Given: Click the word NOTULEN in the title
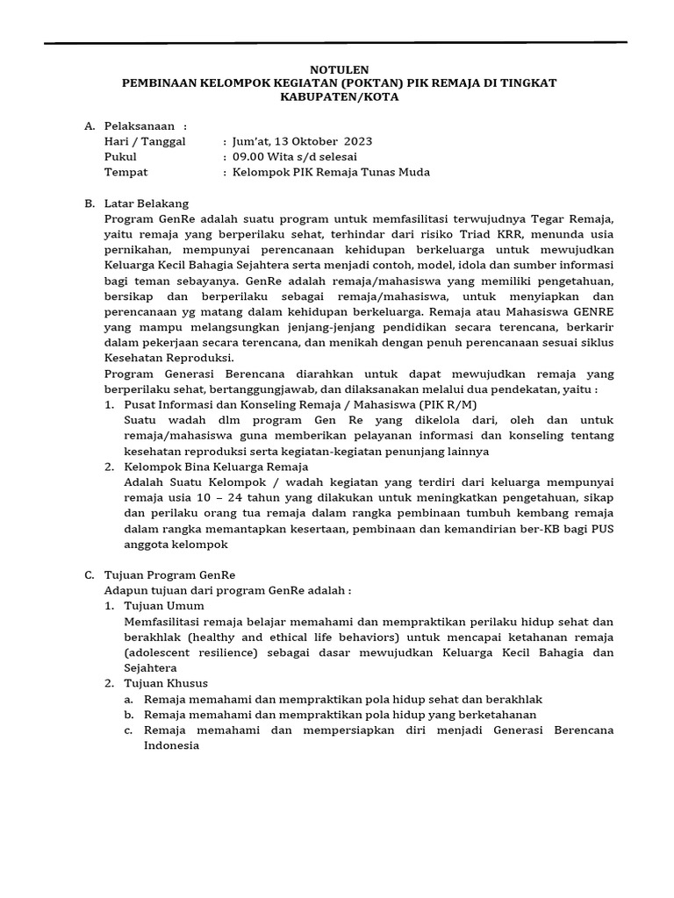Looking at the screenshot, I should coord(336,69).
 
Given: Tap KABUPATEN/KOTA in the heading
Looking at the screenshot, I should coord(336,97).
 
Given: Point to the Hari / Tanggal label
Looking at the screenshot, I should coord(145,142).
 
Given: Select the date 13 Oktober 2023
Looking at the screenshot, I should coord(323,142).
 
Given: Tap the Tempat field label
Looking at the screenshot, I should coord(125,172).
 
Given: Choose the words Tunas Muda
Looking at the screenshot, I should coord(400,172).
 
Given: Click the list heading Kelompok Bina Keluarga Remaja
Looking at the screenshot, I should coord(216,466).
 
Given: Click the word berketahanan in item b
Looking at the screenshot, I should coord(500,714).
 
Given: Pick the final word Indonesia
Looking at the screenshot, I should coord(172,745).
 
